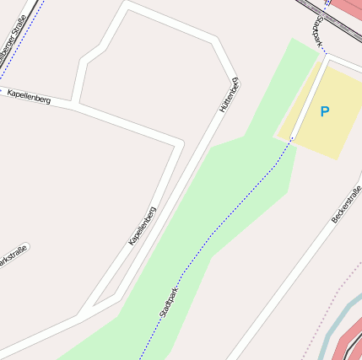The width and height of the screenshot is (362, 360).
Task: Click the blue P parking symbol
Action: pyautogui.click(x=325, y=110)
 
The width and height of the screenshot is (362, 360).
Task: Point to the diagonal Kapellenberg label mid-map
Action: pyautogui.click(x=142, y=226)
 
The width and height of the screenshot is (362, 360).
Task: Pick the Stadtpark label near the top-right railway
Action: pyautogui.click(x=318, y=31)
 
